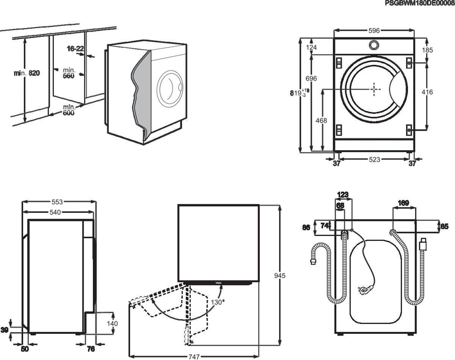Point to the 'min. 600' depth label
click(x=68, y=110)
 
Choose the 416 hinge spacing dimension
click(x=427, y=92)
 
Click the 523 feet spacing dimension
click(x=375, y=160)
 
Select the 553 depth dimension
click(x=57, y=202)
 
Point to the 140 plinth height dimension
click(x=112, y=323)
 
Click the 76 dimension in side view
click(x=91, y=349)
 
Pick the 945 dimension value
click(x=279, y=276)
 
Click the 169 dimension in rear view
click(x=403, y=203)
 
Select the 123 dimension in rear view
click(x=343, y=194)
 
